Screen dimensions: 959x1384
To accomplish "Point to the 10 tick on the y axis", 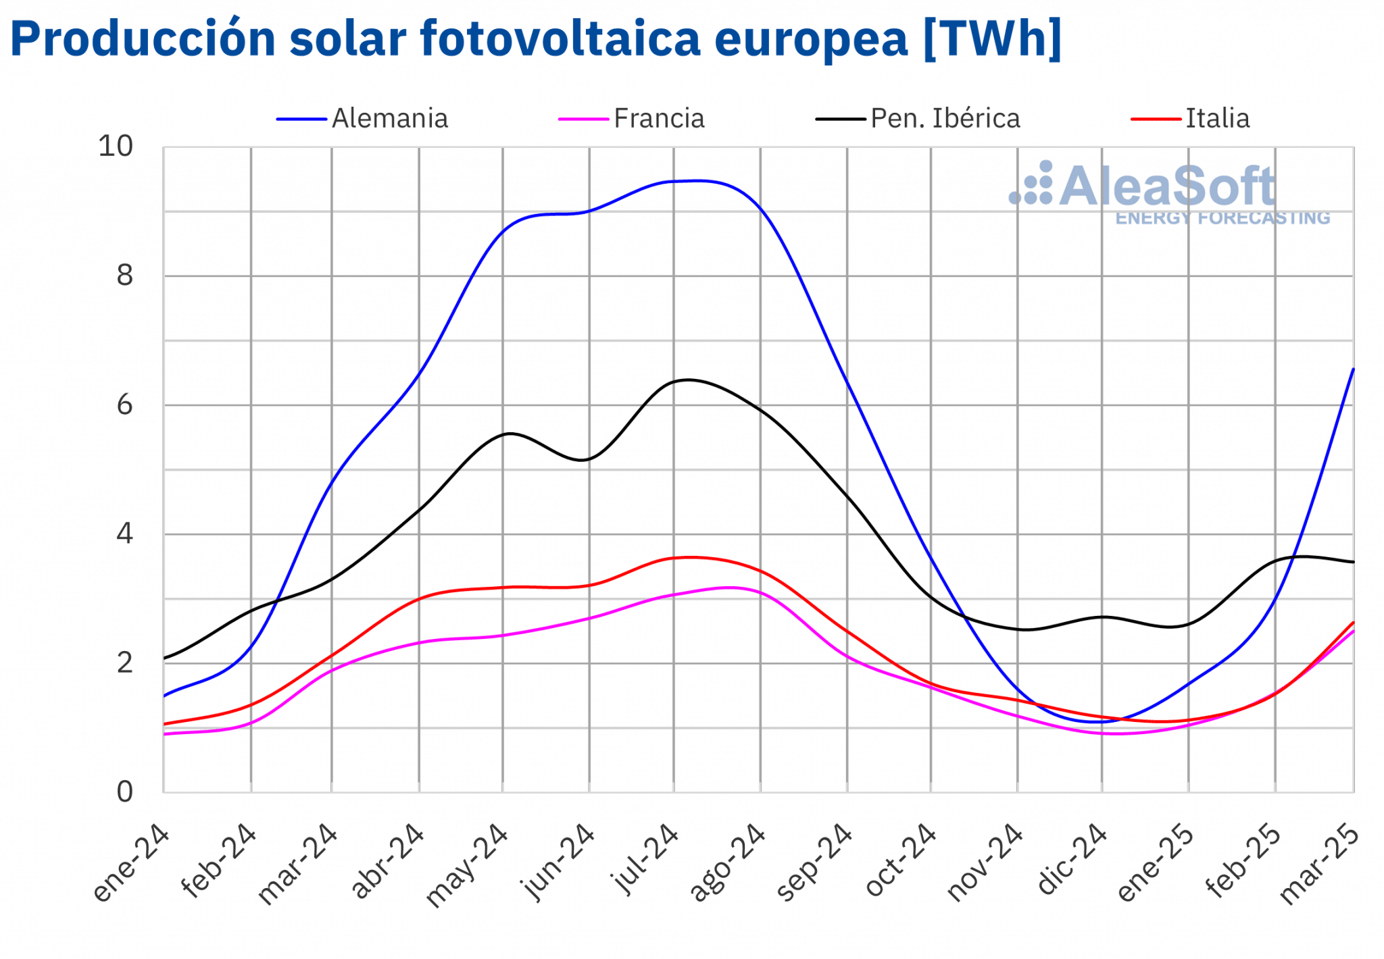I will coord(116,147).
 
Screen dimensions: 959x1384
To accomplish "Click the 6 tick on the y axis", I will coord(125,405).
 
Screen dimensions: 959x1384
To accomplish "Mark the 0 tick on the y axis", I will coord(125,792).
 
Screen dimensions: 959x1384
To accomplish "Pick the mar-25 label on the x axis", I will coord(1320,864).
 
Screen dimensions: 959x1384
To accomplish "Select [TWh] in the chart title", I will coord(992,38).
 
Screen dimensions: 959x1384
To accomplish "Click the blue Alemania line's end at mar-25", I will coord(1353,369).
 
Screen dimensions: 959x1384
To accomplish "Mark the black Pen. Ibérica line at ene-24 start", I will coord(165,658).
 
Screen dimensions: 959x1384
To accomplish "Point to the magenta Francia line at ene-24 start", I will coord(165,734).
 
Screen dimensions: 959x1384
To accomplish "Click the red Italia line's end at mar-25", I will coord(1353,623).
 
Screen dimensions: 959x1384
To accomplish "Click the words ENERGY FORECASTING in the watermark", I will coord(1222,218).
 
